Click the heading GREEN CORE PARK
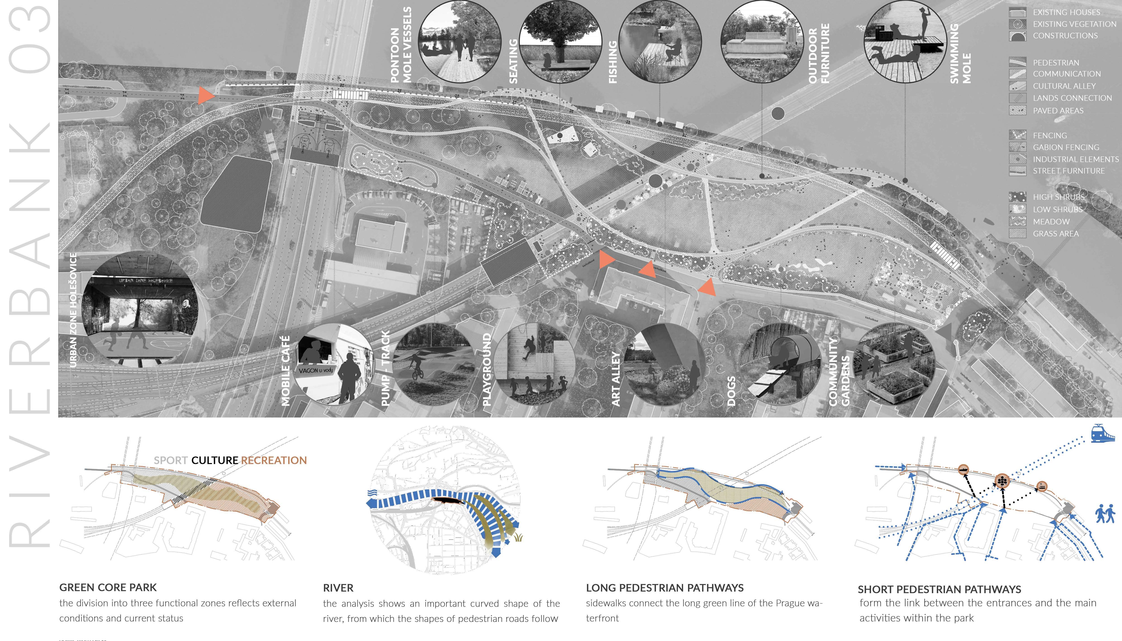(x=108, y=587)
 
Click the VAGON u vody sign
(x=316, y=371)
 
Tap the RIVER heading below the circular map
(x=338, y=588)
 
